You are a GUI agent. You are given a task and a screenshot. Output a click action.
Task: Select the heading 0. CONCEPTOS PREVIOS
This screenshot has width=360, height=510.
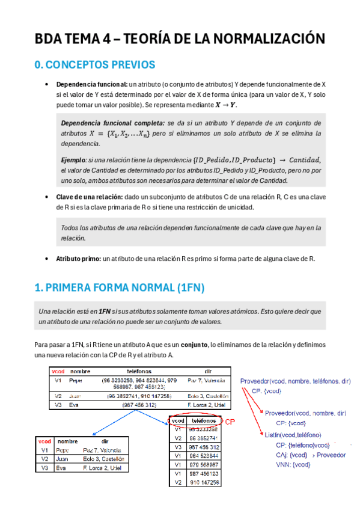point(95,65)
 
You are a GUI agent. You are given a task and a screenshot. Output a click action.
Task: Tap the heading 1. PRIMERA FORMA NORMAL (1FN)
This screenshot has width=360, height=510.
point(120,289)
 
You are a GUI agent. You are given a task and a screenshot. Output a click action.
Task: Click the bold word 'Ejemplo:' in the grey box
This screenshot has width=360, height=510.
point(74,159)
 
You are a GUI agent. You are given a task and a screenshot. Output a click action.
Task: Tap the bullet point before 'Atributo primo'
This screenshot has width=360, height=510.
point(47,259)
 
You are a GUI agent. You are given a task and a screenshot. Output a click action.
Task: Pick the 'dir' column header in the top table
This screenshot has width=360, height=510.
point(208,372)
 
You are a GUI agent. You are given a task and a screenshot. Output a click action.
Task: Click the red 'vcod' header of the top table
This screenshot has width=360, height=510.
point(58,372)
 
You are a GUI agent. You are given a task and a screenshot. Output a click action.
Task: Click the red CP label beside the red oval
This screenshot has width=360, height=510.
point(230,421)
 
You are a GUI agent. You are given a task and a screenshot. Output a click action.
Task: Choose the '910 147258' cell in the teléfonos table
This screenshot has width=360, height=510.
point(204,482)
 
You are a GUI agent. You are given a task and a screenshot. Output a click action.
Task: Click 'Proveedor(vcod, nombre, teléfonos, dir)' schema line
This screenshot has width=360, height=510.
point(295,381)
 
